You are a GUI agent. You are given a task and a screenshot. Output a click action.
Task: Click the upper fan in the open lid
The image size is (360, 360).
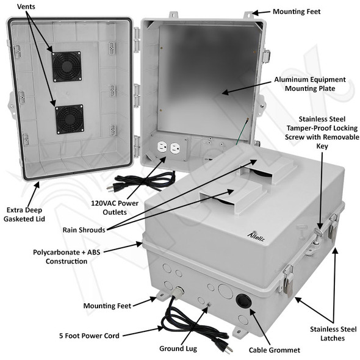67,66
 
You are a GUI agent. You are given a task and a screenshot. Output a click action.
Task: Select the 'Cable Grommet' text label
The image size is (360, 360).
275,350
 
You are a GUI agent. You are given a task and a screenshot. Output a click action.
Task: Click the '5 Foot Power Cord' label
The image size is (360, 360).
90,335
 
